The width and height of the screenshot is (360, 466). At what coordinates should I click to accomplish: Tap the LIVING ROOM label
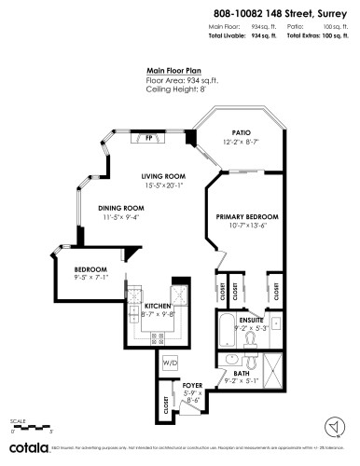point(164,176)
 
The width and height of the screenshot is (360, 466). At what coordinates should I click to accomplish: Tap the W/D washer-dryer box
point(170,363)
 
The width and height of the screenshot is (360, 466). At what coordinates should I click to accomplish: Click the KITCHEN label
point(156,307)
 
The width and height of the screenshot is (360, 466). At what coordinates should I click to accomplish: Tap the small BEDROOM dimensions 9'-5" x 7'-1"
point(91,277)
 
